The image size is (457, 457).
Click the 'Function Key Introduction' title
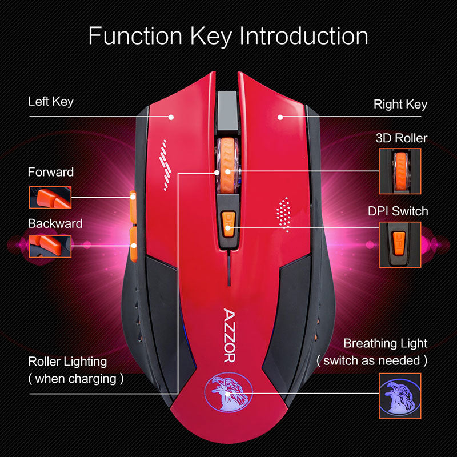coord(228,36)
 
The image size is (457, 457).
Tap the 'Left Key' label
coord(51,102)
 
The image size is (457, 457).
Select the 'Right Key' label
coord(400,105)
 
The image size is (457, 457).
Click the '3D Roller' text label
coord(402,138)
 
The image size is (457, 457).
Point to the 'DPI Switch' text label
coord(398,211)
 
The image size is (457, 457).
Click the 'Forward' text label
coord(51,172)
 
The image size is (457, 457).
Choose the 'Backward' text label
coord(55,223)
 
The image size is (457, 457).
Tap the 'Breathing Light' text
coord(385,343)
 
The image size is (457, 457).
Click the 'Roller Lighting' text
coord(67,361)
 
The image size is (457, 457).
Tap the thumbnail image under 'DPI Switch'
coord(400,244)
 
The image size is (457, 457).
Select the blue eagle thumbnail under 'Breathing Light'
coord(400,394)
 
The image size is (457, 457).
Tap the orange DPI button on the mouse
coord(228,223)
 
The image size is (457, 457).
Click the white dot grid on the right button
coord(284,214)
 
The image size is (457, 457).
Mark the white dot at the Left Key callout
coord(171,117)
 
